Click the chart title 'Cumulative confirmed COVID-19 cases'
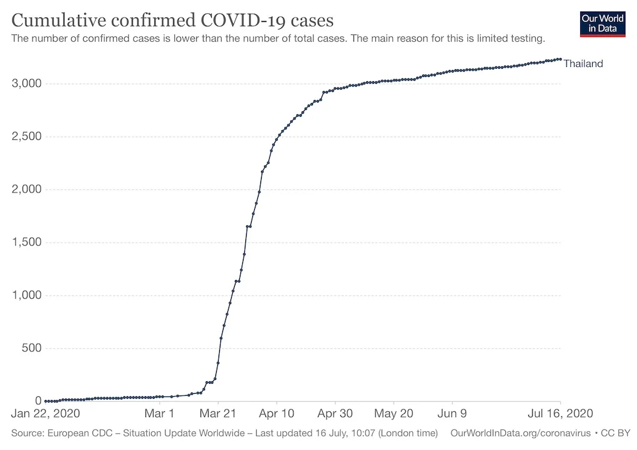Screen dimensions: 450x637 tap(172, 20)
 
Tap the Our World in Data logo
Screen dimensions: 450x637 tap(602, 23)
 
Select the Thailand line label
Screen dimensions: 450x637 tap(583, 63)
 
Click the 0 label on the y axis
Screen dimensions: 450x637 tap(37, 401)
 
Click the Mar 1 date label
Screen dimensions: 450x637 tap(159, 414)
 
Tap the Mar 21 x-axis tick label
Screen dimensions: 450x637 tap(218, 414)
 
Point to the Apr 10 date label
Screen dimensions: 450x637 tap(277, 414)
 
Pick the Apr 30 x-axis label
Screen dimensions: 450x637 tap(335, 414)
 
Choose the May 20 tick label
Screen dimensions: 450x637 tap(394, 414)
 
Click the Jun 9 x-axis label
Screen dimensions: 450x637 tap(453, 414)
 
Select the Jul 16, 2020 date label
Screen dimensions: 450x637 tap(560, 414)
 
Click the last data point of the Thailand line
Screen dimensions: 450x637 tap(560, 59)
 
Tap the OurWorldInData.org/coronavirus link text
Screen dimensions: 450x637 tap(520, 433)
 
